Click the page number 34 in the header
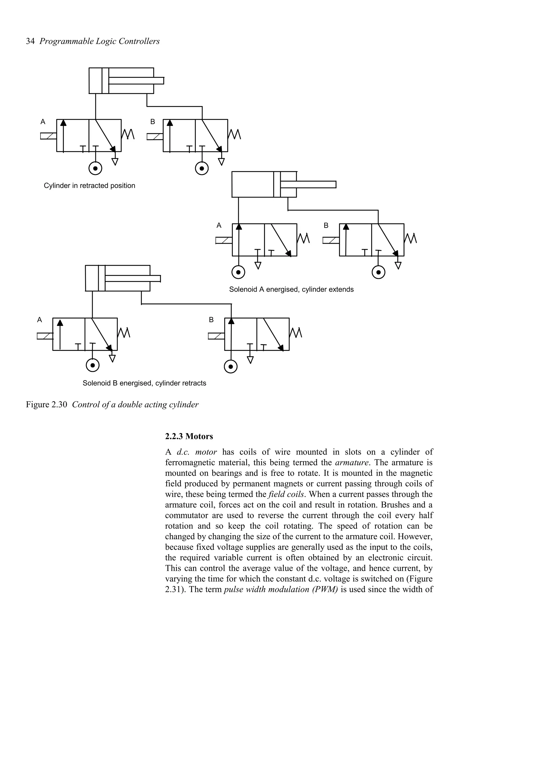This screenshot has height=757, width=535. click(x=30, y=41)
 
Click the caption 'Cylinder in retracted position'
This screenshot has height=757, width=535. click(x=89, y=186)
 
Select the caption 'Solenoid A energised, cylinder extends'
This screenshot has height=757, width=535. click(x=291, y=289)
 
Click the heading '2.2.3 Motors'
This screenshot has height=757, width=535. click(x=189, y=436)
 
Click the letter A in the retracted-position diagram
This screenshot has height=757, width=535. click(x=43, y=122)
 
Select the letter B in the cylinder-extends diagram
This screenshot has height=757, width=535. click(x=326, y=225)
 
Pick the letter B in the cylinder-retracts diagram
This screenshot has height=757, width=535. click(x=211, y=320)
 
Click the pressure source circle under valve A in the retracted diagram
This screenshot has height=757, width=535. click(x=95, y=168)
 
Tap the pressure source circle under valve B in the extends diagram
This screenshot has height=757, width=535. click(x=379, y=272)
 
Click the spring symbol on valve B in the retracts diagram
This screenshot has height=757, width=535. click(x=296, y=333)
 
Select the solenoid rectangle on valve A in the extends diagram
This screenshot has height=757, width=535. click(x=224, y=240)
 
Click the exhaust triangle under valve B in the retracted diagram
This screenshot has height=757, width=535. click(x=222, y=161)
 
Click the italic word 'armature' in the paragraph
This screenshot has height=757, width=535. click(x=352, y=463)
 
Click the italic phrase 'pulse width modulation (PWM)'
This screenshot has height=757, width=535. click(x=281, y=590)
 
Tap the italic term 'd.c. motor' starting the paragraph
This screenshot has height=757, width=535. click(x=197, y=452)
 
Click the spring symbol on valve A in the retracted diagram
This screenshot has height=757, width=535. click(x=128, y=134)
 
